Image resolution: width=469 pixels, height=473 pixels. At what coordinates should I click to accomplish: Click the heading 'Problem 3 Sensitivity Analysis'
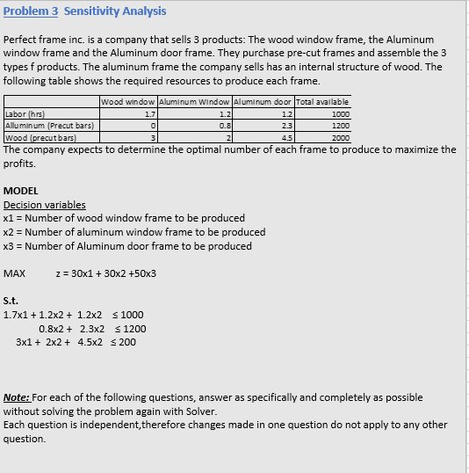[84, 11]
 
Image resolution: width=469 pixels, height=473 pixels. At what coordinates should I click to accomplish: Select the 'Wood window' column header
[129, 102]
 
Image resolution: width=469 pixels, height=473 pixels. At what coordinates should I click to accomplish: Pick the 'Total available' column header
[322, 102]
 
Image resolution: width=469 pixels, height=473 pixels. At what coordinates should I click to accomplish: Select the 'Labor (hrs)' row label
[25, 113]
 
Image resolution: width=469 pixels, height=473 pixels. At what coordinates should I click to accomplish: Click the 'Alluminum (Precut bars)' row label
[50, 126]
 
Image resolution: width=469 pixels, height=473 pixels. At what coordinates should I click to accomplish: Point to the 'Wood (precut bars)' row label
[39, 138]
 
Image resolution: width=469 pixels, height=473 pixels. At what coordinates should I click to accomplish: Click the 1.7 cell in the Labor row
[149, 113]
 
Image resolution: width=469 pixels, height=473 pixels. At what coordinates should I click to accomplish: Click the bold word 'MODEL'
[21, 191]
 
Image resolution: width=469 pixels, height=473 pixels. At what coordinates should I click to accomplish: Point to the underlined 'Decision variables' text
[45, 205]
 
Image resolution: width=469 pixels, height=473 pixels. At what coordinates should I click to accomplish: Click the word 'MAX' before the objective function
[15, 273]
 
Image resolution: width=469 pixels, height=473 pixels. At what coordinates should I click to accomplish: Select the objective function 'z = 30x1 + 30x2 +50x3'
[105, 273]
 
